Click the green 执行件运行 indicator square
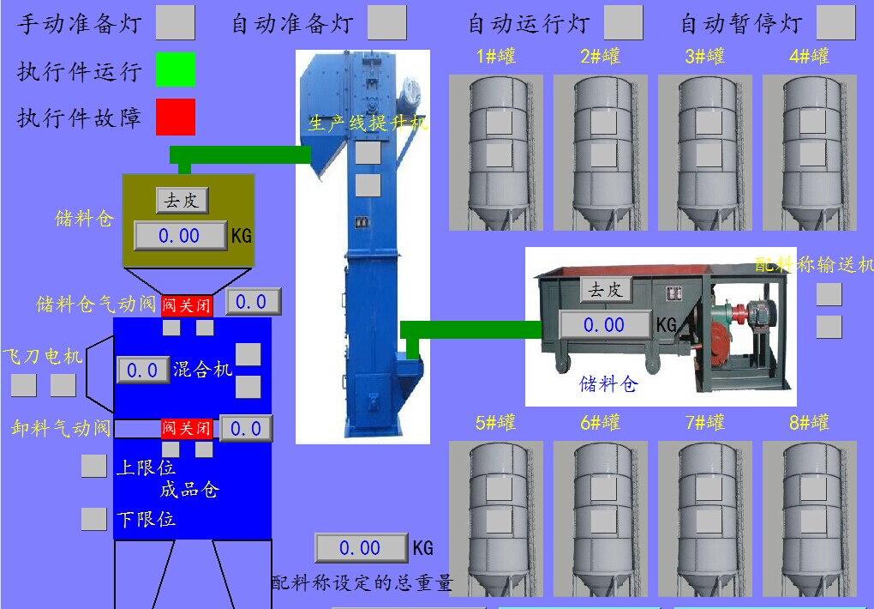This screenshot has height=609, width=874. tap(176, 69)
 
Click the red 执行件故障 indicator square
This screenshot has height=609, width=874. tap(176, 117)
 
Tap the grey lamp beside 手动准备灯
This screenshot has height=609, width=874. tap(176, 22)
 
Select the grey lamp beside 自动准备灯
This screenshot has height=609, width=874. tap(386, 22)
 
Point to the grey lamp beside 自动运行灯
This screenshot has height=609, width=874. tap(623, 22)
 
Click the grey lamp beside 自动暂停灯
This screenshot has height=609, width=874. tap(835, 22)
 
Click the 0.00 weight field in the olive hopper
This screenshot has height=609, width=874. tap(180, 235)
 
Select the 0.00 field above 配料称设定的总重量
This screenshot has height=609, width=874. tap(361, 548)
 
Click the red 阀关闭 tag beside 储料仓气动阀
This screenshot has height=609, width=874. tap(187, 304)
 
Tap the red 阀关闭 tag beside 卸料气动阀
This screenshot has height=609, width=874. tap(187, 428)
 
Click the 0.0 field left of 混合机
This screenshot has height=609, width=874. tap(142, 370)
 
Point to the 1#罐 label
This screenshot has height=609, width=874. tap(496, 57)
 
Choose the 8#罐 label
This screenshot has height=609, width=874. tap(810, 423)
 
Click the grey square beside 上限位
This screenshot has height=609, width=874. tap(93, 466)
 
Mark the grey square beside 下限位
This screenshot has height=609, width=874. tap(93, 519)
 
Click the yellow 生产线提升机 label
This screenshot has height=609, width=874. tap(368, 123)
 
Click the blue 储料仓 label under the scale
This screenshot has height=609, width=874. tap(608, 383)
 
